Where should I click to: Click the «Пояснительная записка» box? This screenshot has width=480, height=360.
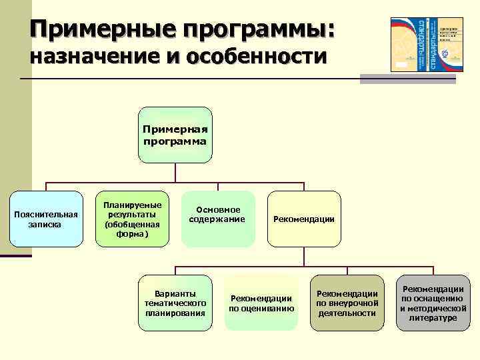click(45, 219)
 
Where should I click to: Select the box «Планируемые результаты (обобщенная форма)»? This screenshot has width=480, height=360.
click(132, 219)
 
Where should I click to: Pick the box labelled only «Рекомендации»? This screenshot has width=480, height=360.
click(303, 219)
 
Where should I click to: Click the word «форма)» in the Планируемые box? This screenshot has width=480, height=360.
click(132, 234)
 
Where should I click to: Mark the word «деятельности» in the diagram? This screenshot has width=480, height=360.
click(347, 313)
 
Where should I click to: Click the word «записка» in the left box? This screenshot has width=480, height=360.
click(45, 225)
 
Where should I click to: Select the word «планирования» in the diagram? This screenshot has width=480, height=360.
click(175, 313)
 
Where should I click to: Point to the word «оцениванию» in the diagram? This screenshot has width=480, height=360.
click(261, 309)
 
